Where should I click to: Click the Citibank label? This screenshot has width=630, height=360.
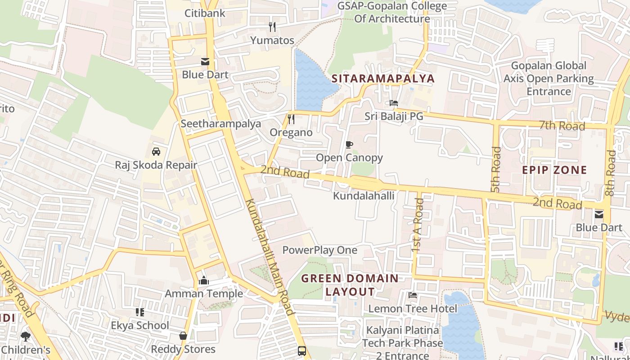coord(205,13)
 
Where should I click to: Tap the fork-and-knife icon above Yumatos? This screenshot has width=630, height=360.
coord(272,27)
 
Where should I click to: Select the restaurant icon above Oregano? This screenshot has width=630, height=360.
coord(291,119)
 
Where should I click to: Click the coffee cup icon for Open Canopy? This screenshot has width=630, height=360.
coord(349,144)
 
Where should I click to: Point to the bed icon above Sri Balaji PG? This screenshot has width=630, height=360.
coord(394,103)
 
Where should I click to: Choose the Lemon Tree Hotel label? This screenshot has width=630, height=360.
coord(413,309)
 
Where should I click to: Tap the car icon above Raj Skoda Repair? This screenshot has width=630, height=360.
coord(156,152)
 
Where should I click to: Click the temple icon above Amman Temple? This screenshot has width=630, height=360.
coord(203,281)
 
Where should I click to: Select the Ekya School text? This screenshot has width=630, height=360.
coord(140,325)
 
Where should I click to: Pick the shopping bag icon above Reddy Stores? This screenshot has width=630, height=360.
coord(183,336)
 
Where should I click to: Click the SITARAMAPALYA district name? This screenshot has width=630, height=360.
coord(383,79)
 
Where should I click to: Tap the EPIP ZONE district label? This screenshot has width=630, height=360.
coord(554,170)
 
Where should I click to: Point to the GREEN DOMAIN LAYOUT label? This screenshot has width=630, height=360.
coord(350,285)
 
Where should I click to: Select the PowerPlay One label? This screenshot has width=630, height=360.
coord(319,250)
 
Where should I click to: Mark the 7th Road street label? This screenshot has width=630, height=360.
coord(562,126)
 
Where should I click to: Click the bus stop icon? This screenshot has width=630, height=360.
coord(302,351)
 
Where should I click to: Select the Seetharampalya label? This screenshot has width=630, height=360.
coord(220,124)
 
